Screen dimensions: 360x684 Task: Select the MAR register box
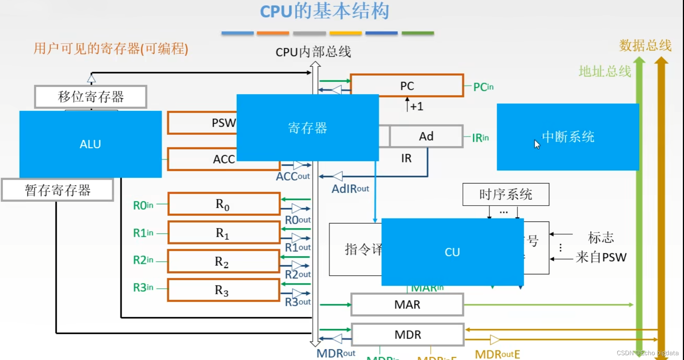click(407, 305)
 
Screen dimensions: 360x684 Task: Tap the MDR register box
click(407, 335)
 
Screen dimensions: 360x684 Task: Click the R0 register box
click(223, 203)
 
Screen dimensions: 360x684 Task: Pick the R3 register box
click(223, 290)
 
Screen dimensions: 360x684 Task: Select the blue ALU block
click(90, 144)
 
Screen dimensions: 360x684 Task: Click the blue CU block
click(452, 252)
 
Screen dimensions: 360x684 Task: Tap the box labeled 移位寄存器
click(90, 97)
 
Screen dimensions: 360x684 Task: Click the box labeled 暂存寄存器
click(57, 190)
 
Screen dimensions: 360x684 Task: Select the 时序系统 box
click(506, 194)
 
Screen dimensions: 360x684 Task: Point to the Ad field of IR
click(426, 136)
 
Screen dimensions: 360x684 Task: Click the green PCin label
click(483, 87)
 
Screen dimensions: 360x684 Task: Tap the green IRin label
click(480, 138)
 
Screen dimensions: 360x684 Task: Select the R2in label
click(143, 260)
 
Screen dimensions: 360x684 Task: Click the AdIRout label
click(350, 189)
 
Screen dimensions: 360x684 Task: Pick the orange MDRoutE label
click(497, 354)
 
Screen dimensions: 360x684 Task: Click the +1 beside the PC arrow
click(417, 107)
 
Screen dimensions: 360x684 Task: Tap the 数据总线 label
click(645, 45)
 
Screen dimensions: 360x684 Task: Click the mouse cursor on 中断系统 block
click(537, 144)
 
